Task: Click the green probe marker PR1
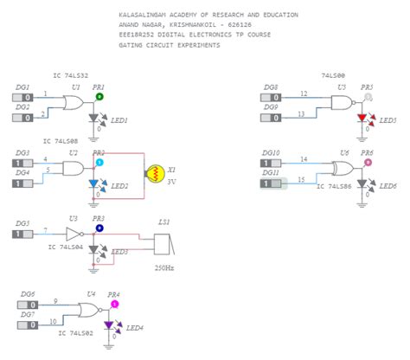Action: pyautogui.click(x=99, y=97)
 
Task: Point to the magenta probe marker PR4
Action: pyautogui.click(x=114, y=304)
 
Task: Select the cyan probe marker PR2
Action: pyautogui.click(x=99, y=163)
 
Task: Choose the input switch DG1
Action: pyautogui.click(x=26, y=98)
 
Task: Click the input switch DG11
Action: pyautogui.click(x=274, y=182)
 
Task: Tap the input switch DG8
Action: pyautogui.click(x=275, y=98)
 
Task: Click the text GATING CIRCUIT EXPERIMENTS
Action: pyautogui.click(x=169, y=44)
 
